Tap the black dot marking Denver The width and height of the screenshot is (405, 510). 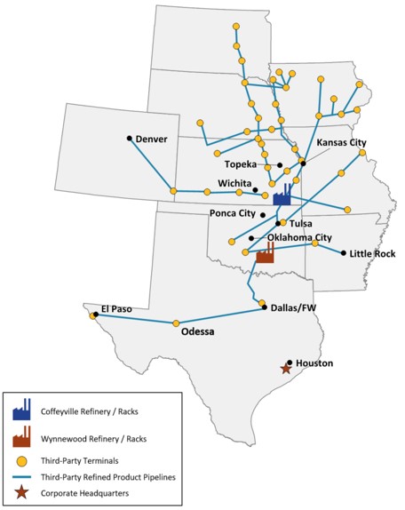pyautogui.click(x=130, y=138)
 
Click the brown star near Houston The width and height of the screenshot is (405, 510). pyautogui.click(x=285, y=369)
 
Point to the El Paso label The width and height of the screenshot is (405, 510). pyautogui.click(x=115, y=309)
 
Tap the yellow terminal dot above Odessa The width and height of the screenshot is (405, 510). pyautogui.click(x=176, y=323)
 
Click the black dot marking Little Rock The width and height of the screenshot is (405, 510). pyautogui.click(x=344, y=253)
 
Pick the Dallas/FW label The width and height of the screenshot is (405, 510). pyautogui.click(x=292, y=309)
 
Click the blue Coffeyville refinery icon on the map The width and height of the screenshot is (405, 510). pyautogui.click(x=282, y=194)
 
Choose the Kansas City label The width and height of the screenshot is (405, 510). pyautogui.click(x=341, y=142)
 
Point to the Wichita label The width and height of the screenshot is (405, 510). pyautogui.click(x=234, y=183)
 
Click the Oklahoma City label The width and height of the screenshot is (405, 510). pyautogui.click(x=299, y=237)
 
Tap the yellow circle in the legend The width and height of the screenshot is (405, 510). pyautogui.click(x=21, y=462)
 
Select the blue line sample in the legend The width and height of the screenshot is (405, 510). pyautogui.click(x=21, y=477)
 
